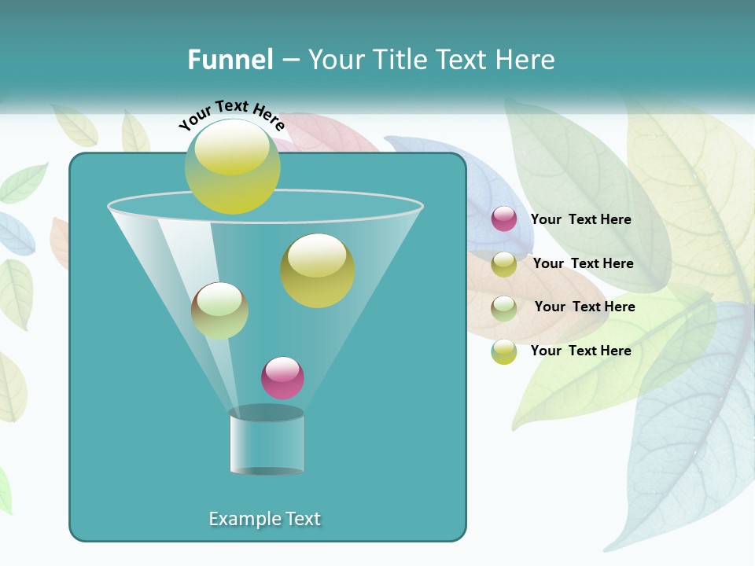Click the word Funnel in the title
(230, 60)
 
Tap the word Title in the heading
(398, 60)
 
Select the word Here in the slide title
(525, 60)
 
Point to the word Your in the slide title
(337, 60)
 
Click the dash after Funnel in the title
(289, 60)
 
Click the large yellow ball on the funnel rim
(233, 166)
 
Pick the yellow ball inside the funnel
(318, 270)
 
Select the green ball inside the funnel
(219, 311)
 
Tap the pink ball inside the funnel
(282, 377)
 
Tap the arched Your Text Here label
(231, 113)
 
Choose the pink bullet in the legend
(504, 219)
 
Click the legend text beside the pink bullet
(580, 220)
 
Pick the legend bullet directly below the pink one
(504, 263)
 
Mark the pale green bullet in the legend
(504, 307)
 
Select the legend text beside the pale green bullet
(584, 307)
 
